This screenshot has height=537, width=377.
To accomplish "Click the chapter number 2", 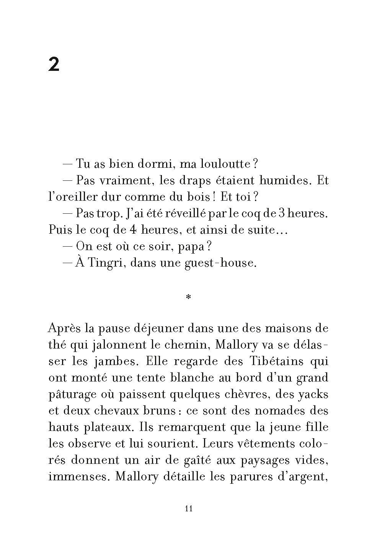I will tap(54, 65).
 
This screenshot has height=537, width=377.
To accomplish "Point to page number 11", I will tap(188, 509).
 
